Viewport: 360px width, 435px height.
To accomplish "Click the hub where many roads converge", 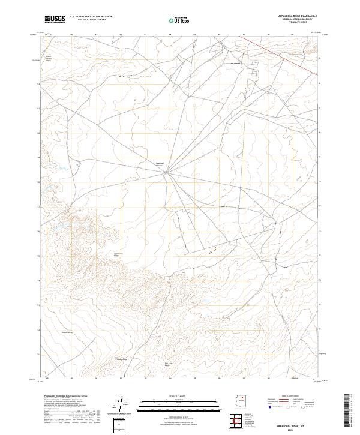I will click(167, 173).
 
